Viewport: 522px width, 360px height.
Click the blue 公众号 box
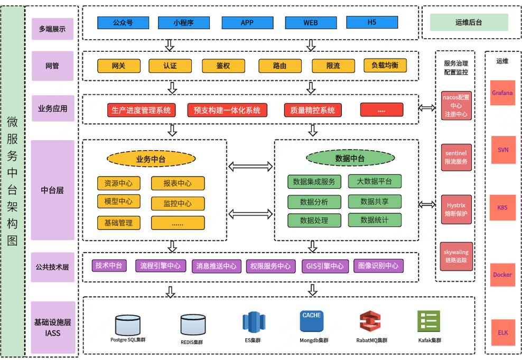[123, 23]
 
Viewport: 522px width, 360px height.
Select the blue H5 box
[371, 22]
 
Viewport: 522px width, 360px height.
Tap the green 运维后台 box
[469, 22]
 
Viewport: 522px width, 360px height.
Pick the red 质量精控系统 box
[312, 110]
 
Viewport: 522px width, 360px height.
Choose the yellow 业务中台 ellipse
[151, 159]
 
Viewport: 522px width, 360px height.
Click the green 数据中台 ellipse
[350, 158]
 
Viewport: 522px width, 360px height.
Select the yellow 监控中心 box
[178, 204]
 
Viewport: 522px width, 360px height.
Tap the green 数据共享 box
[375, 201]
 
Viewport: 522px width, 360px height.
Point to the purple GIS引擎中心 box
[325, 266]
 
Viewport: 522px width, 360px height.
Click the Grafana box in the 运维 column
[502, 93]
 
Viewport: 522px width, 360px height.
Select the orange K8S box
[502, 208]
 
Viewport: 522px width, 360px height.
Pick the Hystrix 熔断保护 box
[456, 209]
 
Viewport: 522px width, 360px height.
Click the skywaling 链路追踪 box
[456, 256]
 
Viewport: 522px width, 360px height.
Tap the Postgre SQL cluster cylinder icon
[128, 324]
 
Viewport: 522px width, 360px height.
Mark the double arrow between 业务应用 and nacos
[427, 108]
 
